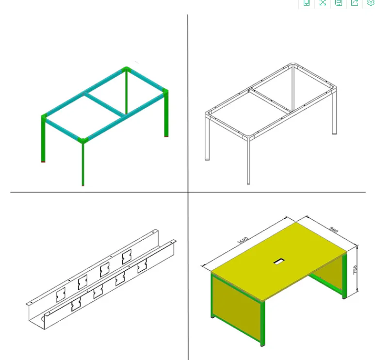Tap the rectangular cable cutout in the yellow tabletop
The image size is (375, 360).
click(x=279, y=262)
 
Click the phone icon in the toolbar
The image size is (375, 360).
click(x=306, y=3)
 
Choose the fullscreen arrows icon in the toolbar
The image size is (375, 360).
click(x=323, y=3)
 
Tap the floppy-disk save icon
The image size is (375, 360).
click(x=339, y=3)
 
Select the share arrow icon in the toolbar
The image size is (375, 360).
click(x=355, y=3)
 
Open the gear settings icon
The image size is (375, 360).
click(x=371, y=3)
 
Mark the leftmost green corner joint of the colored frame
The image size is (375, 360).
click(x=45, y=117)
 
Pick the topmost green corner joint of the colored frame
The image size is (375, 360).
click(x=126, y=70)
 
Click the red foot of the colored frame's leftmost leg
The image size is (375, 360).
click(x=44, y=161)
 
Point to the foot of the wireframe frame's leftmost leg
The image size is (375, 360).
click(x=208, y=158)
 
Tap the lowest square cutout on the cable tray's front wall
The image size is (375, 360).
click(x=76, y=306)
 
